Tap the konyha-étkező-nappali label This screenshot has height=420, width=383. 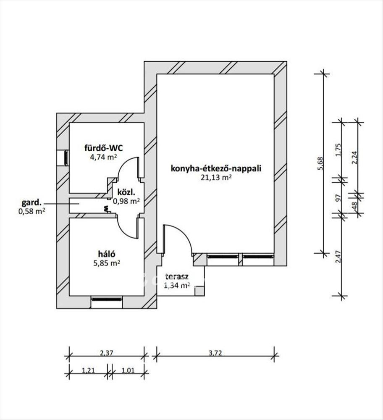pos(216,168)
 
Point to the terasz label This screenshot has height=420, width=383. pos(177,276)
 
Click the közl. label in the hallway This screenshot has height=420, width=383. pos(126,192)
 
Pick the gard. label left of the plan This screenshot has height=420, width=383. pos(31,202)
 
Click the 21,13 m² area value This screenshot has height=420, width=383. pos(216,177)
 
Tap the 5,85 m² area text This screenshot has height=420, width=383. pos(107,263)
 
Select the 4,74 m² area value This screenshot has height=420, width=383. pos(104,157)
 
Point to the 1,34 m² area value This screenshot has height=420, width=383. pos(177,285)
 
